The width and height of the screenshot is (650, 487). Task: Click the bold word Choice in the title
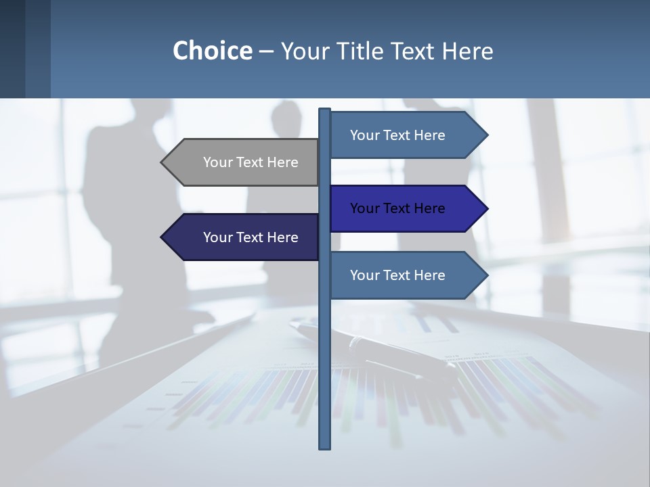tap(212, 51)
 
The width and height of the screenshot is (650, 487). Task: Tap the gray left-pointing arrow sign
tap(244, 162)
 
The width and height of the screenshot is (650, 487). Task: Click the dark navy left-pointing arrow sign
tap(244, 237)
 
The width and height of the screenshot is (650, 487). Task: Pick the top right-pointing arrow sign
tap(403, 135)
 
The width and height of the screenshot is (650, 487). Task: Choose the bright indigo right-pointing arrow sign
tap(403, 208)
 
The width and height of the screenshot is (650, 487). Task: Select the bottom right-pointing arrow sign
tap(403, 275)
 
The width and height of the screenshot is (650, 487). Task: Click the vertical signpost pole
tap(324, 352)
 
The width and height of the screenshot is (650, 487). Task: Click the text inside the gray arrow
tap(251, 162)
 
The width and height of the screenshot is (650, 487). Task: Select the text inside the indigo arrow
tap(397, 208)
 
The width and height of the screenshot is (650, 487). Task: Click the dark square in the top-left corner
tap(12, 49)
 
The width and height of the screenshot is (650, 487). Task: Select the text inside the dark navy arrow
tap(251, 237)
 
